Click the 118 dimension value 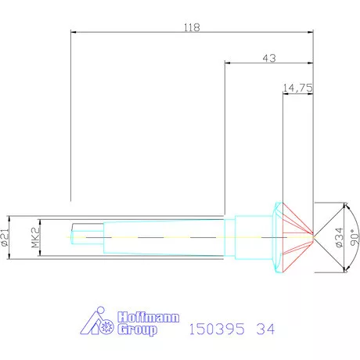tap(192, 27)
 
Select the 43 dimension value tap(269, 58)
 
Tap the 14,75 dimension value tap(297, 88)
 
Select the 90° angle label tap(354, 235)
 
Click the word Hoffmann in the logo tap(148, 318)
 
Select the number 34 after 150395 tap(266, 329)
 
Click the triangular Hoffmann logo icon tap(99, 322)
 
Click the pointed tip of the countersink tap(314, 234)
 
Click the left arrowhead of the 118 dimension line tap(74, 32)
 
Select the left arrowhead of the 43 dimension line tap(228, 63)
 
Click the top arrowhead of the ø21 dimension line tap(11, 218)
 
